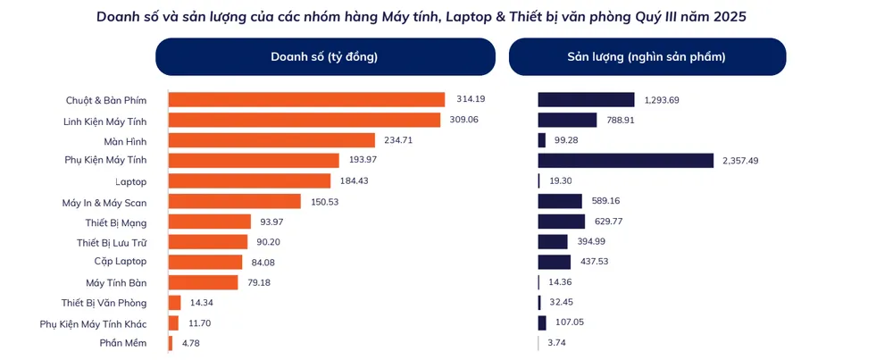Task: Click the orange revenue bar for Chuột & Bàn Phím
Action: pyautogui.click(x=306, y=99)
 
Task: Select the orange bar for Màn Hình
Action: pyautogui.click(x=271, y=140)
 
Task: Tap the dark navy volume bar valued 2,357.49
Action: pyautogui.click(x=625, y=161)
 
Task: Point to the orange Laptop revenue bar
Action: pyautogui.click(x=249, y=180)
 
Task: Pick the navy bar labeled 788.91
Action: pyautogui.click(x=567, y=120)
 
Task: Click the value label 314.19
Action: pyautogui.click(x=470, y=99)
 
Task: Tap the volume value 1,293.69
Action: pyautogui.click(x=666, y=99)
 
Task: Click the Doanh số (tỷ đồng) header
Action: pyautogui.click(x=324, y=57)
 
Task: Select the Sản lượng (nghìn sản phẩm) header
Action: pyautogui.click(x=647, y=57)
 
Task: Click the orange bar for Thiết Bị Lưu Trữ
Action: pyautogui.click(x=208, y=241)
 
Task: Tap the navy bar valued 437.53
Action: pyautogui.click(x=554, y=262)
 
